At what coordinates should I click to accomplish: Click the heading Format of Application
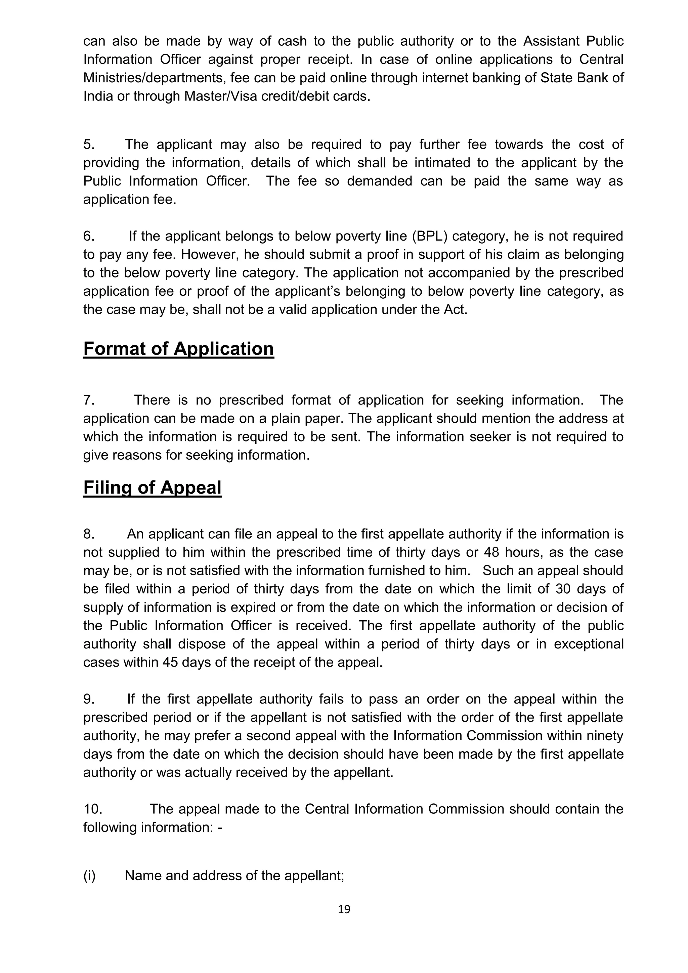(x=178, y=349)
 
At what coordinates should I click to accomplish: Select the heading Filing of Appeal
(x=152, y=488)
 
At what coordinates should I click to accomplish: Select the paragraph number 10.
(x=92, y=809)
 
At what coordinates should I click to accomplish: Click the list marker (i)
(x=89, y=876)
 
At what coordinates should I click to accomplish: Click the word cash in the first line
(x=292, y=41)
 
